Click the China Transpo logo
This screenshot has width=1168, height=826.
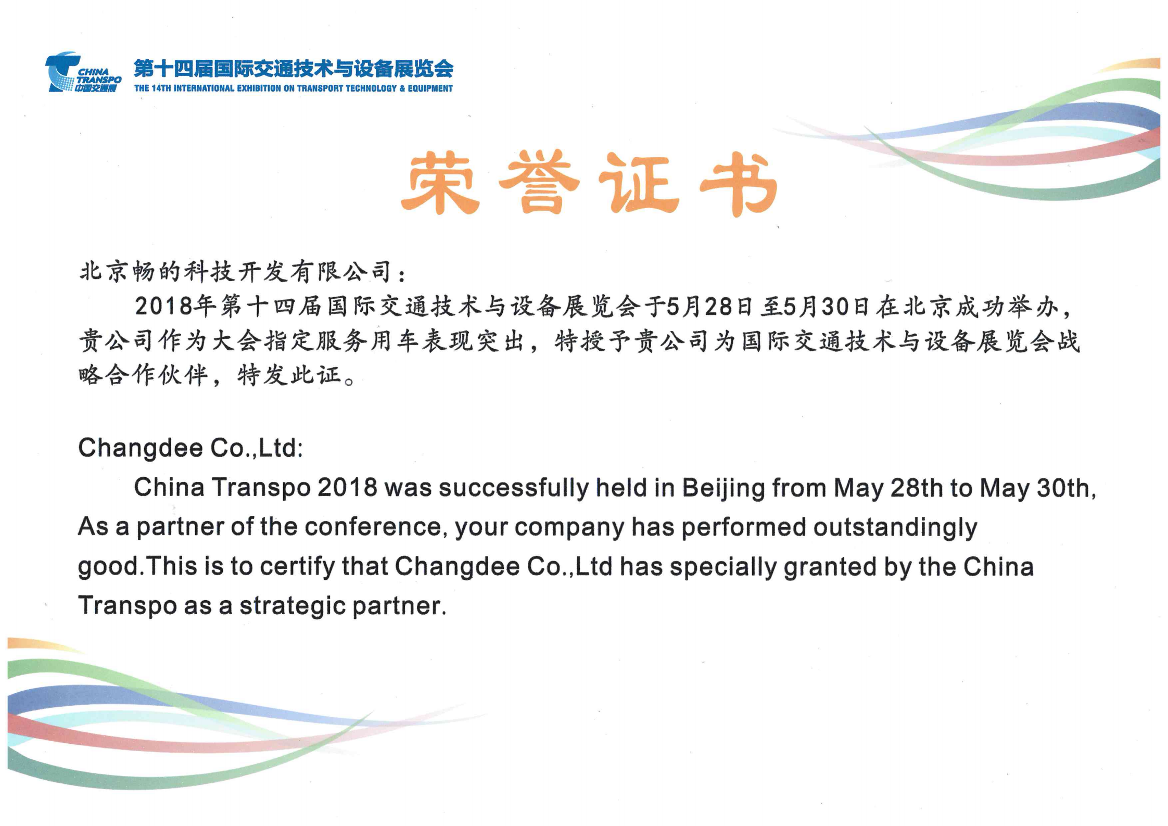83,72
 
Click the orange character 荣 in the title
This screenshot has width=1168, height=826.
440,182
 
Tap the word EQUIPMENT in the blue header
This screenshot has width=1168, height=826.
430,88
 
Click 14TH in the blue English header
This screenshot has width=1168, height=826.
161,88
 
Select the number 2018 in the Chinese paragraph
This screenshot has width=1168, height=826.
164,306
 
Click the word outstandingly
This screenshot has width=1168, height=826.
895,528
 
